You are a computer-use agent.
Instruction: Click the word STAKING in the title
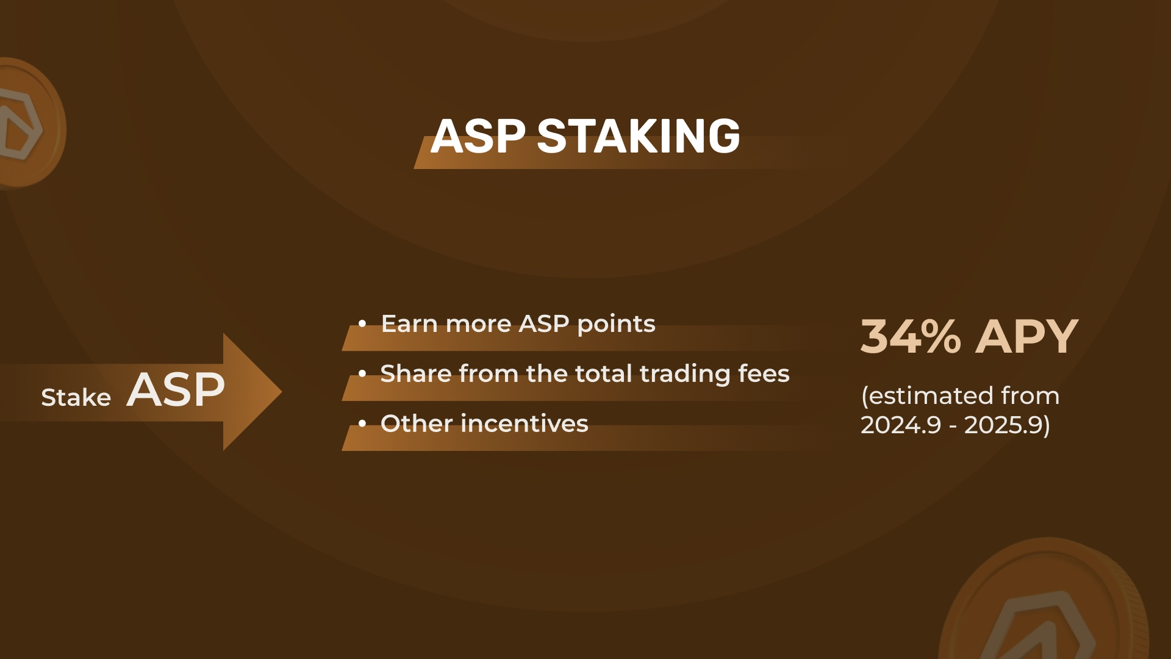pos(639,135)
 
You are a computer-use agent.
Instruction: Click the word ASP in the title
pos(478,135)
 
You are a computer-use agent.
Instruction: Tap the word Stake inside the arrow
pos(76,397)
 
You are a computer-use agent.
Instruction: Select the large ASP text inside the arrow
pos(176,389)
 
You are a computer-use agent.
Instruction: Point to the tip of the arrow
pos(282,392)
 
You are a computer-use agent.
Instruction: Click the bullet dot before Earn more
pos(362,324)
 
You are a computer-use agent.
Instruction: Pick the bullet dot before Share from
pos(362,373)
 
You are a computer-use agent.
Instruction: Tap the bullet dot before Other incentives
pos(362,423)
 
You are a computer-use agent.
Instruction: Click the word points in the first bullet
pos(616,325)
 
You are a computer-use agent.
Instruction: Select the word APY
pos(1027,336)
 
